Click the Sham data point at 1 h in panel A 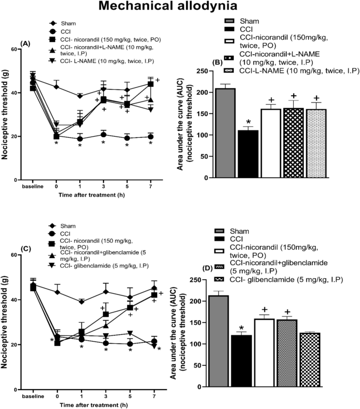[x=80, y=96]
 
